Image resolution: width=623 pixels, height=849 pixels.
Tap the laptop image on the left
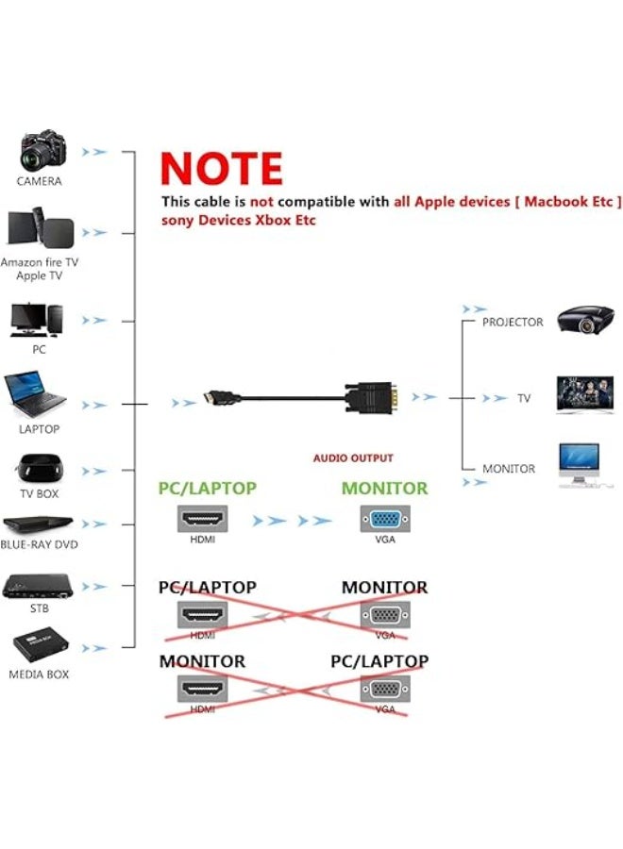pyautogui.click(x=35, y=394)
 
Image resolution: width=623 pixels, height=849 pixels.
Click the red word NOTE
pyautogui.click(x=221, y=169)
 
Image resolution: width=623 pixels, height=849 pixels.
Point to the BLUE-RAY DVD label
pyautogui.click(x=39, y=544)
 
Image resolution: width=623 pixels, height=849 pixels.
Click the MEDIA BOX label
pyautogui.click(x=39, y=674)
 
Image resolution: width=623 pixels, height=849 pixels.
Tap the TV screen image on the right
pyautogui.click(x=585, y=394)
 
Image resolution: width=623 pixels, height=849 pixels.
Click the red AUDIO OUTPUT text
pyautogui.click(x=353, y=458)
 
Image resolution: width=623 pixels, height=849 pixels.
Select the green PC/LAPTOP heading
pyautogui.click(x=207, y=489)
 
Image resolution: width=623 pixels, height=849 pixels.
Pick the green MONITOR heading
pyautogui.click(x=384, y=489)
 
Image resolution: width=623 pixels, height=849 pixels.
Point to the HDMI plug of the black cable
pyautogui.click(x=213, y=399)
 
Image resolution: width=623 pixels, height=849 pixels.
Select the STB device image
pyautogui.click(x=39, y=586)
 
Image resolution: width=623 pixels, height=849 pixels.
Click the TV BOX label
pyautogui.click(x=39, y=493)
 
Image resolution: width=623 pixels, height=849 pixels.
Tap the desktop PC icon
pyautogui.click(x=36, y=319)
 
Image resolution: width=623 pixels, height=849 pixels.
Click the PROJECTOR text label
pyautogui.click(x=513, y=323)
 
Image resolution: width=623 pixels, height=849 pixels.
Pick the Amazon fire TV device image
pyautogui.click(x=41, y=230)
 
